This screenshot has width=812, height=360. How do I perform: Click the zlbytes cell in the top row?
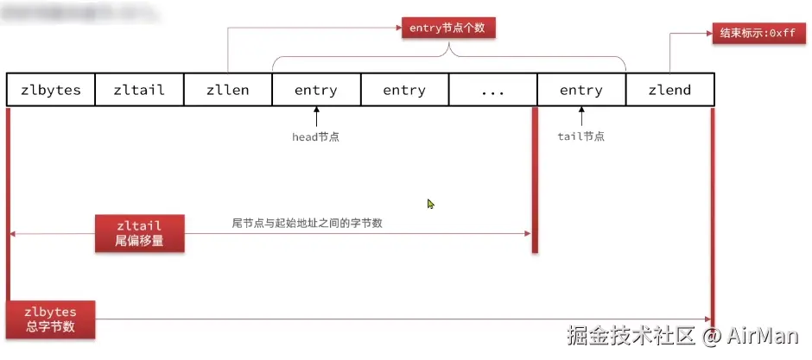(x=50, y=90)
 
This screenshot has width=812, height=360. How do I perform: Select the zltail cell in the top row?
(x=139, y=90)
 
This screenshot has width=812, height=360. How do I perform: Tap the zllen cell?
(x=227, y=90)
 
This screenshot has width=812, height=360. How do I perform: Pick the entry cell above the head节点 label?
(x=316, y=90)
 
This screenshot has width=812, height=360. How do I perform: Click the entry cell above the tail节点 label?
(x=581, y=90)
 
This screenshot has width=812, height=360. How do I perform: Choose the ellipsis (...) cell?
(x=492, y=90)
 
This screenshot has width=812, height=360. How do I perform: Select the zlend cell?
(x=669, y=90)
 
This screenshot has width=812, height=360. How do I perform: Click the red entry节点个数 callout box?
(x=448, y=28)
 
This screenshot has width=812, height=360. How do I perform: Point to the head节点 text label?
(x=316, y=136)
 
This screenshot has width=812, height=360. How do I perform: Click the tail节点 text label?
(x=581, y=136)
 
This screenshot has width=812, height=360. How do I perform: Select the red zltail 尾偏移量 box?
(x=139, y=233)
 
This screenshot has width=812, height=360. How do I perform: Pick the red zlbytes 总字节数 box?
(x=50, y=319)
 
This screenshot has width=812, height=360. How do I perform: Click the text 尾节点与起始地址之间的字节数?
(x=308, y=223)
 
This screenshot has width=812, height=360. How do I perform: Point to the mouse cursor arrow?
(x=430, y=204)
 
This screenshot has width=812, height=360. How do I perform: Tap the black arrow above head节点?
(x=316, y=116)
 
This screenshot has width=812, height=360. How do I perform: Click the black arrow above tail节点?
(x=581, y=116)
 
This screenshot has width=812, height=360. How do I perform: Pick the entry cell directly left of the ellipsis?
(x=404, y=90)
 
